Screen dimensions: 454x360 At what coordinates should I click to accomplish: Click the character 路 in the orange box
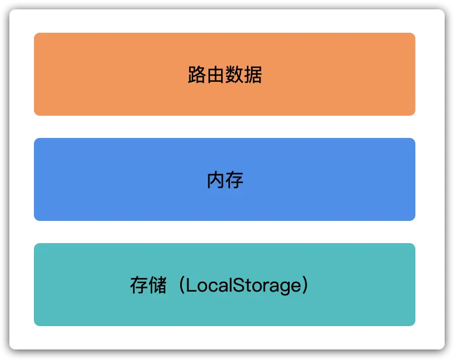(x=197, y=75)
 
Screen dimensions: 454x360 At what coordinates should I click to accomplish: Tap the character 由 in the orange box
(x=215, y=75)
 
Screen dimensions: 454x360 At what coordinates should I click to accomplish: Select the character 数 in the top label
(x=234, y=75)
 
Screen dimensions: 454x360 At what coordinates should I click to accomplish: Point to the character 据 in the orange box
(x=253, y=75)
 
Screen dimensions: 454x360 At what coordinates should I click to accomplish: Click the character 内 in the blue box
(x=215, y=179)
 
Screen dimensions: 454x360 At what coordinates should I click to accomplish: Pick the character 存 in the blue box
(x=234, y=179)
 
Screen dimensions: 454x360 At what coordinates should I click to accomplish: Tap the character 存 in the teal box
(x=139, y=285)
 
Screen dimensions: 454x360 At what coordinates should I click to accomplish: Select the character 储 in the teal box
(x=158, y=285)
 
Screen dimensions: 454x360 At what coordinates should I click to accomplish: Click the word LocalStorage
(x=243, y=286)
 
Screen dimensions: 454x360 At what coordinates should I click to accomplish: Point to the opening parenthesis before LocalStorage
(x=182, y=285)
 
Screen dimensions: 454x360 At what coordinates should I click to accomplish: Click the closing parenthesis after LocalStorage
(x=305, y=285)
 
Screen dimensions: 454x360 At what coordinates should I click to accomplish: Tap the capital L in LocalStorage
(x=191, y=285)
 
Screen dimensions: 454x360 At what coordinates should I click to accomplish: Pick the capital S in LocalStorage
(x=239, y=285)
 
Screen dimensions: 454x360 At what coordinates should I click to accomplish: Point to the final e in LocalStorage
(x=296, y=286)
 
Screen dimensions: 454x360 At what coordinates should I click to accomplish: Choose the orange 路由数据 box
(x=225, y=74)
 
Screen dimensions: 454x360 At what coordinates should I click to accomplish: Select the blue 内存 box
(x=225, y=179)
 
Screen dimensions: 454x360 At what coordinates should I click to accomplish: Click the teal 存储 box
(x=225, y=285)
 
